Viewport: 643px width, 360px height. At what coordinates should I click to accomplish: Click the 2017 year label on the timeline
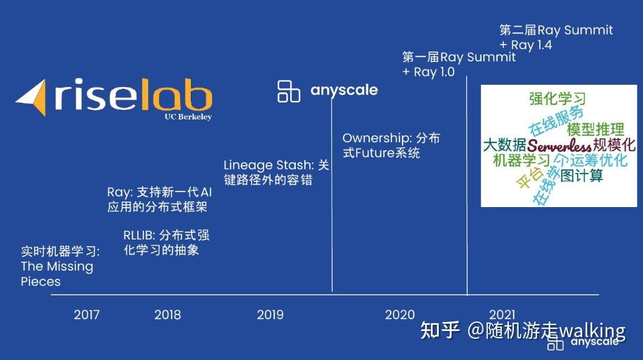click(x=87, y=315)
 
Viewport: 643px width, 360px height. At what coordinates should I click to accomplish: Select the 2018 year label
click(x=167, y=315)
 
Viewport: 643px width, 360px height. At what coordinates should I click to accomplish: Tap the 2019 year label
click(x=270, y=315)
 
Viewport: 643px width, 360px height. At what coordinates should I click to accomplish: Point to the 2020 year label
click(x=400, y=315)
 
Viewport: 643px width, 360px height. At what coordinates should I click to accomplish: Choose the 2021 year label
click(x=502, y=315)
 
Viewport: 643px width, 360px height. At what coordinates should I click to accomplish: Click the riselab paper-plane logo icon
click(x=32, y=98)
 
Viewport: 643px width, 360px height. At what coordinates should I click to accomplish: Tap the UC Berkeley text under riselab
click(x=188, y=117)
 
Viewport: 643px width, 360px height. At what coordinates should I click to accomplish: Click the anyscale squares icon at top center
click(x=289, y=91)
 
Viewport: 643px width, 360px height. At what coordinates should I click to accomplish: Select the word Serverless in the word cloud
click(x=559, y=146)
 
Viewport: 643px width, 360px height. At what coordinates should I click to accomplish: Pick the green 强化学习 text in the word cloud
click(x=557, y=99)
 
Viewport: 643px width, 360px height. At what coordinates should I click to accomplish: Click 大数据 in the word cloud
click(x=504, y=146)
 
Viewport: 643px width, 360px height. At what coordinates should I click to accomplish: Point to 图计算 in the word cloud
click(x=582, y=176)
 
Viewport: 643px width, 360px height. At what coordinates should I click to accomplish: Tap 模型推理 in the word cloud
click(x=595, y=129)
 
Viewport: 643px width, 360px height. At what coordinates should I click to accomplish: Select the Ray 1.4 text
click(x=531, y=45)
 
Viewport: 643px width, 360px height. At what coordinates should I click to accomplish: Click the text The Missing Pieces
click(x=56, y=273)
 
